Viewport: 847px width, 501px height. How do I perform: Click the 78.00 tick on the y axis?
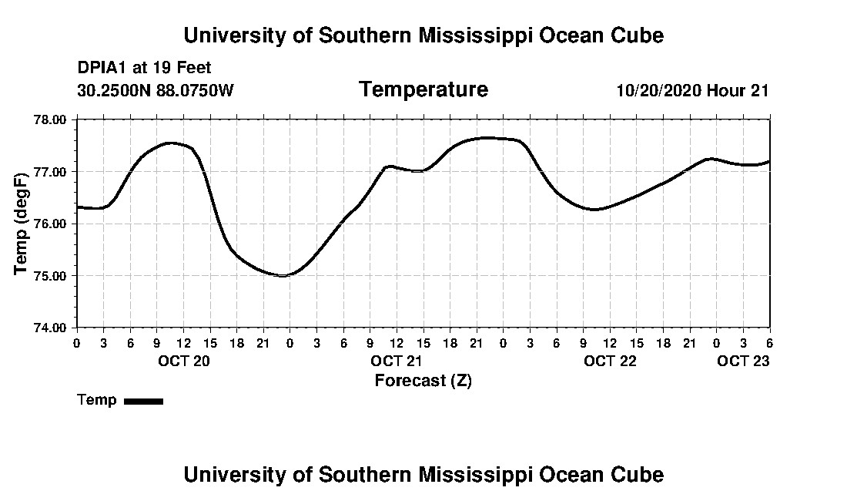(52, 119)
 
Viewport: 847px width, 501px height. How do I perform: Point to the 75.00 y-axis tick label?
(52, 276)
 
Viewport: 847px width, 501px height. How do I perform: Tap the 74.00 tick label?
(52, 328)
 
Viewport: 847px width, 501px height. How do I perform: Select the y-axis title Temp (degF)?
(22, 224)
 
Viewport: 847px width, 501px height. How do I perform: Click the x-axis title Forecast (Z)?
(423, 380)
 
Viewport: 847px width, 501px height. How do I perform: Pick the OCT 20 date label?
(184, 361)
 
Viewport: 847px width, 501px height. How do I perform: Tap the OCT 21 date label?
(397, 361)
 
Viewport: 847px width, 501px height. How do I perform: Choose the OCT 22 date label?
(610, 361)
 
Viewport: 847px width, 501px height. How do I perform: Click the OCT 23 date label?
(744, 361)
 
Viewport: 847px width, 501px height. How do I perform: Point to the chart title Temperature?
(423, 89)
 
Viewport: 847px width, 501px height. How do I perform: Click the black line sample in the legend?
(143, 401)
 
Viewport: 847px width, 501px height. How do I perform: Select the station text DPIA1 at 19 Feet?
(144, 69)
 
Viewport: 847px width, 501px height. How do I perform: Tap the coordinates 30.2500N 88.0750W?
(155, 90)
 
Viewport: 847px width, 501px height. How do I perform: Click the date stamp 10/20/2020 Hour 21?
(692, 90)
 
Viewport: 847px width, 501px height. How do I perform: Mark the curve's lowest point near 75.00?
(283, 275)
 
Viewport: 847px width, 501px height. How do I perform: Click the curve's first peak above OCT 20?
(171, 143)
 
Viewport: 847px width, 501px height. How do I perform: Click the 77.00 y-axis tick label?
(52, 172)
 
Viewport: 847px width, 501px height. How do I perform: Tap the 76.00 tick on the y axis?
(52, 224)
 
